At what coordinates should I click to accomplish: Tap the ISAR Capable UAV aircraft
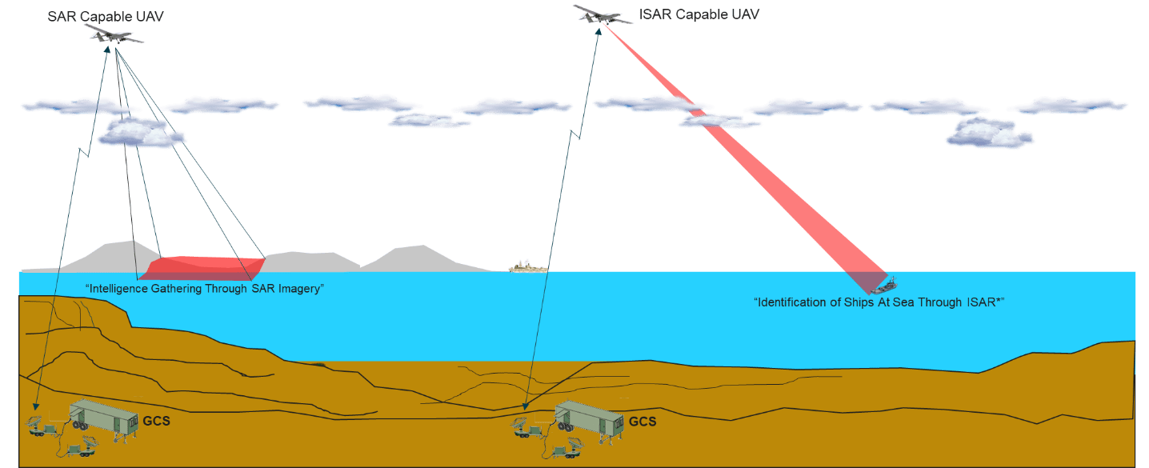pos(601,15)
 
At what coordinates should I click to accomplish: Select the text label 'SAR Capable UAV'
pos(106,17)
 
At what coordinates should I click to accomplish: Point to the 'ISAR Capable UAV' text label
pos(699,14)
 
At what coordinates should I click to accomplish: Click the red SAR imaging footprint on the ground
pos(202,268)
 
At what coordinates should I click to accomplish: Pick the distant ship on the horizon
pos(528,266)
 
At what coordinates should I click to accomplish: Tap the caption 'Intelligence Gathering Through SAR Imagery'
pos(205,289)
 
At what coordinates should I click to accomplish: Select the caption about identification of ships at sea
pos(879,302)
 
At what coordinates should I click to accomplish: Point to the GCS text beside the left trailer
pos(157,422)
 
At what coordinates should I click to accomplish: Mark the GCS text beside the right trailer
pos(643,422)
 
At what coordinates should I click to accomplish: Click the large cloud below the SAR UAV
pos(140,132)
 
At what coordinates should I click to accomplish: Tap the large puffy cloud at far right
pos(988,133)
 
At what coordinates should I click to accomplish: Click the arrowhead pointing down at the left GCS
pos(36,406)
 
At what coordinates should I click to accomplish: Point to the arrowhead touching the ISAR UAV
pos(598,32)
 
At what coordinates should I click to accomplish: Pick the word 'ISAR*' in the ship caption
pos(985,302)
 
